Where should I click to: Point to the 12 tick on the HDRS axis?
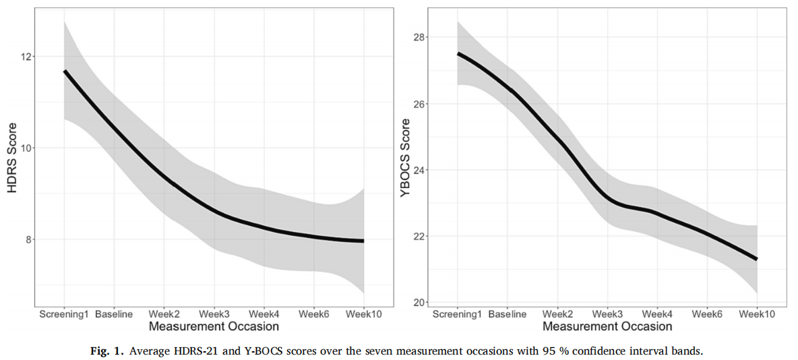pyautogui.click(x=27, y=57)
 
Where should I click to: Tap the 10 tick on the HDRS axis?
pyautogui.click(x=27, y=148)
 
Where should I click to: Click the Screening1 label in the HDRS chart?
pyautogui.click(x=63, y=314)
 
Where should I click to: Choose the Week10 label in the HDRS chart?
pyautogui.click(x=364, y=314)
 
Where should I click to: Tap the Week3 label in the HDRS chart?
pyautogui.click(x=214, y=314)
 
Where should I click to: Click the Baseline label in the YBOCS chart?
pyautogui.click(x=507, y=314)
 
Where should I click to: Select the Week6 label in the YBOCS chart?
pyautogui.click(x=707, y=314)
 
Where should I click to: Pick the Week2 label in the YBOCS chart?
pyautogui.click(x=557, y=314)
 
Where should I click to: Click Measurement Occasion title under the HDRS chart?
pyautogui.click(x=214, y=327)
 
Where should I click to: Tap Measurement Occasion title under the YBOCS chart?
pyautogui.click(x=607, y=327)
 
